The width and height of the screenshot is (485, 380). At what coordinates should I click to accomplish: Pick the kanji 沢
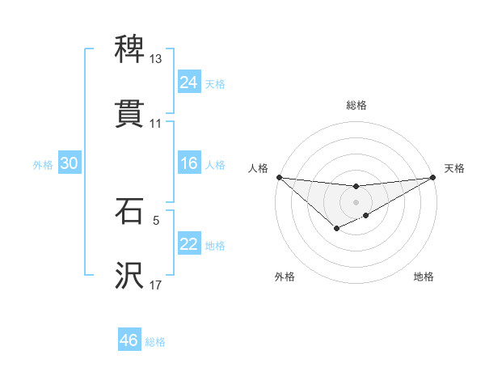[129, 275]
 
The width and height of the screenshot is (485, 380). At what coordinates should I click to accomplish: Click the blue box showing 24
[188, 82]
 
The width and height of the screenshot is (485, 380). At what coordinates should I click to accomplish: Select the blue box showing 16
[188, 164]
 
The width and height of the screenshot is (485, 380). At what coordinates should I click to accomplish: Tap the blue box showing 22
[188, 245]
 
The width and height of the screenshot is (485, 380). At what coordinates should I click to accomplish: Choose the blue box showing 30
[69, 164]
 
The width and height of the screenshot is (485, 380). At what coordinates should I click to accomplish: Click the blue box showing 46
[129, 340]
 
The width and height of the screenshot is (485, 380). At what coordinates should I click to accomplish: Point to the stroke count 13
[155, 59]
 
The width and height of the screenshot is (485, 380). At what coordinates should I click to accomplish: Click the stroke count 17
[155, 285]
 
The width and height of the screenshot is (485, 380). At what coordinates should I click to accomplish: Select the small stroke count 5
[155, 219]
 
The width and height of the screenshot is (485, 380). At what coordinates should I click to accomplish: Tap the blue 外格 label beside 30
[43, 165]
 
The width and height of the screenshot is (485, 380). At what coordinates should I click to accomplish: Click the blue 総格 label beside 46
[155, 342]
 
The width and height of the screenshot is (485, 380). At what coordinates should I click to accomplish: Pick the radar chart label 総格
[356, 105]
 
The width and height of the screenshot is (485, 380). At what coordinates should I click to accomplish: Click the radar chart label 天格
[455, 168]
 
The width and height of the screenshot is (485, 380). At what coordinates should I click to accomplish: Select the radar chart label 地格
[424, 277]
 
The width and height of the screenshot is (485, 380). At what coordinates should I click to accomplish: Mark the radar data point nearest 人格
[279, 177]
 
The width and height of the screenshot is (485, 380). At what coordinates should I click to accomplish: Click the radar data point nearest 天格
[433, 177]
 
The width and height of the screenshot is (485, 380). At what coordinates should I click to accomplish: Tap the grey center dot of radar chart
[356, 201]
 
